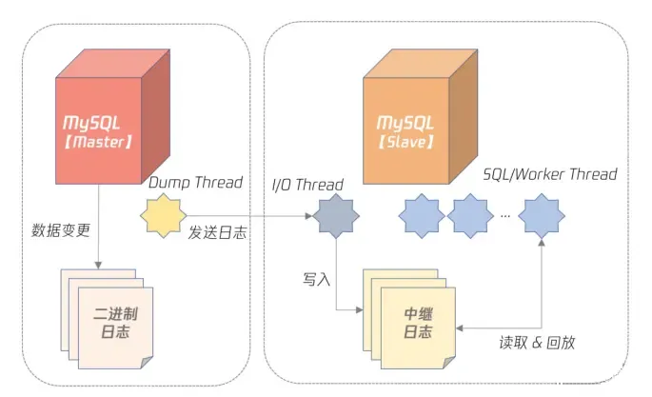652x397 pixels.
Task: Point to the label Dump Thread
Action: [x=195, y=182]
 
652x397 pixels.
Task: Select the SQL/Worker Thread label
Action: [x=549, y=174]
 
